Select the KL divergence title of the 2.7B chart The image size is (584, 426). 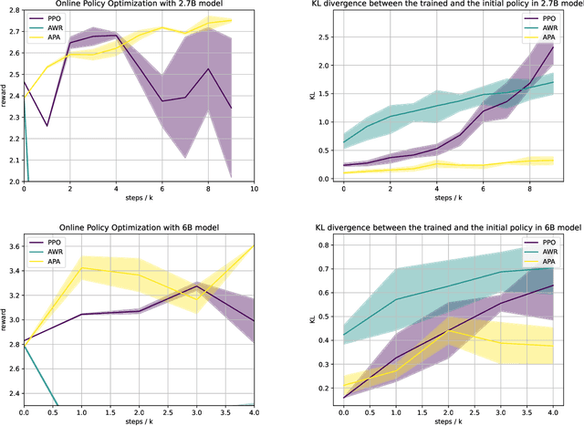[x=453, y=6]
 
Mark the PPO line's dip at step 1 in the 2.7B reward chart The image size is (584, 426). [x=47, y=126]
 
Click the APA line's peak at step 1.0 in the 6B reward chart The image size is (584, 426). [x=83, y=268]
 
